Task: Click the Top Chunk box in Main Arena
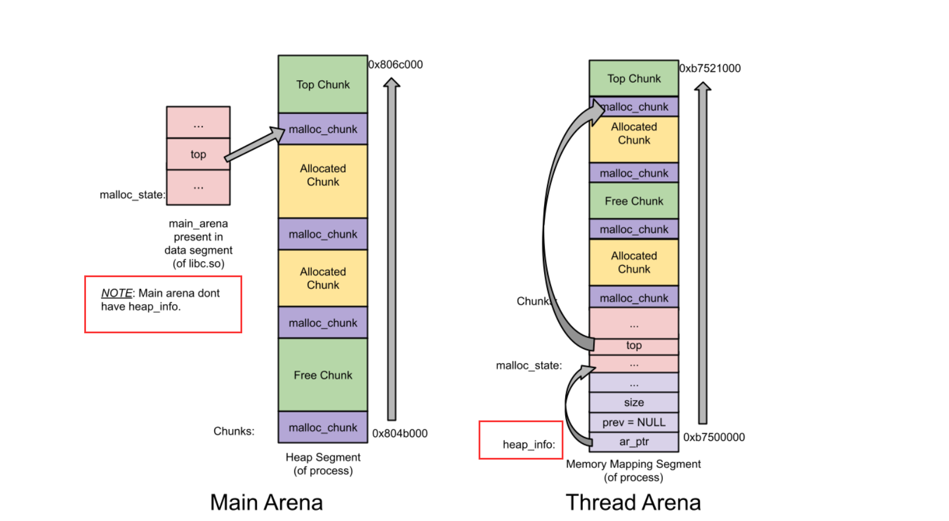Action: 322,84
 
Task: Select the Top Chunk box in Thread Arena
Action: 634,78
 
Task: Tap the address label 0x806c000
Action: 396,64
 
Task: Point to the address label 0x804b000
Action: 400,433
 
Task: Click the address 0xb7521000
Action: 710,68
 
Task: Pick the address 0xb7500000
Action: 714,437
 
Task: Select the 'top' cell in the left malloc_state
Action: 198,154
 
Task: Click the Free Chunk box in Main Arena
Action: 322,375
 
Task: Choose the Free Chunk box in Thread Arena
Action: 634,201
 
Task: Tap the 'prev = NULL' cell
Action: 634,422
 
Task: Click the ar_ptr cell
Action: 634,441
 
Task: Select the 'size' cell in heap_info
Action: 634,402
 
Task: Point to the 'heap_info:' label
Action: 528,444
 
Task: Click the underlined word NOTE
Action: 116,293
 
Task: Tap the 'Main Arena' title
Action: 266,502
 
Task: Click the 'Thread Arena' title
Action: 633,502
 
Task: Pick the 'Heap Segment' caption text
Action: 323,457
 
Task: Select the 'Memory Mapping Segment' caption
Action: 633,464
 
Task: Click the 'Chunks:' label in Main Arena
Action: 233,431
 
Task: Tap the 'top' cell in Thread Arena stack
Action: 634,346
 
